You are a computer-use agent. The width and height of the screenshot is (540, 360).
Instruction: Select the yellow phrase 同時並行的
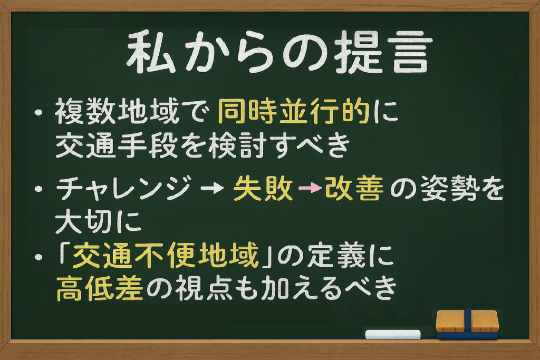tap(294, 111)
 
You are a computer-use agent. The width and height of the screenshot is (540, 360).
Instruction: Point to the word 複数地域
tap(117, 111)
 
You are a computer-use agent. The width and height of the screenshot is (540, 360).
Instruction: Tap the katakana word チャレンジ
tap(123, 188)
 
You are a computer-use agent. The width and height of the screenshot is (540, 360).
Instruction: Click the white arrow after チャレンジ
tap(212, 188)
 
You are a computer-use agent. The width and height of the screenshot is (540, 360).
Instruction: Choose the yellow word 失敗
tap(263, 188)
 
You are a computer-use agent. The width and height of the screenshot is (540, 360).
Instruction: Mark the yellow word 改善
tap(354, 188)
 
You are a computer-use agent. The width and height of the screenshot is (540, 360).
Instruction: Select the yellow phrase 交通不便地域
tap(166, 256)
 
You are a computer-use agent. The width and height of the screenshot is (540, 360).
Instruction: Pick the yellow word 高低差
tap(100, 288)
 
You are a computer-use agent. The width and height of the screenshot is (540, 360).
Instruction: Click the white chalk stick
tap(392, 334)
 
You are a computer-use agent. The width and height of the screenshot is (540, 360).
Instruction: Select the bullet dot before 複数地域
tap(38, 113)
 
